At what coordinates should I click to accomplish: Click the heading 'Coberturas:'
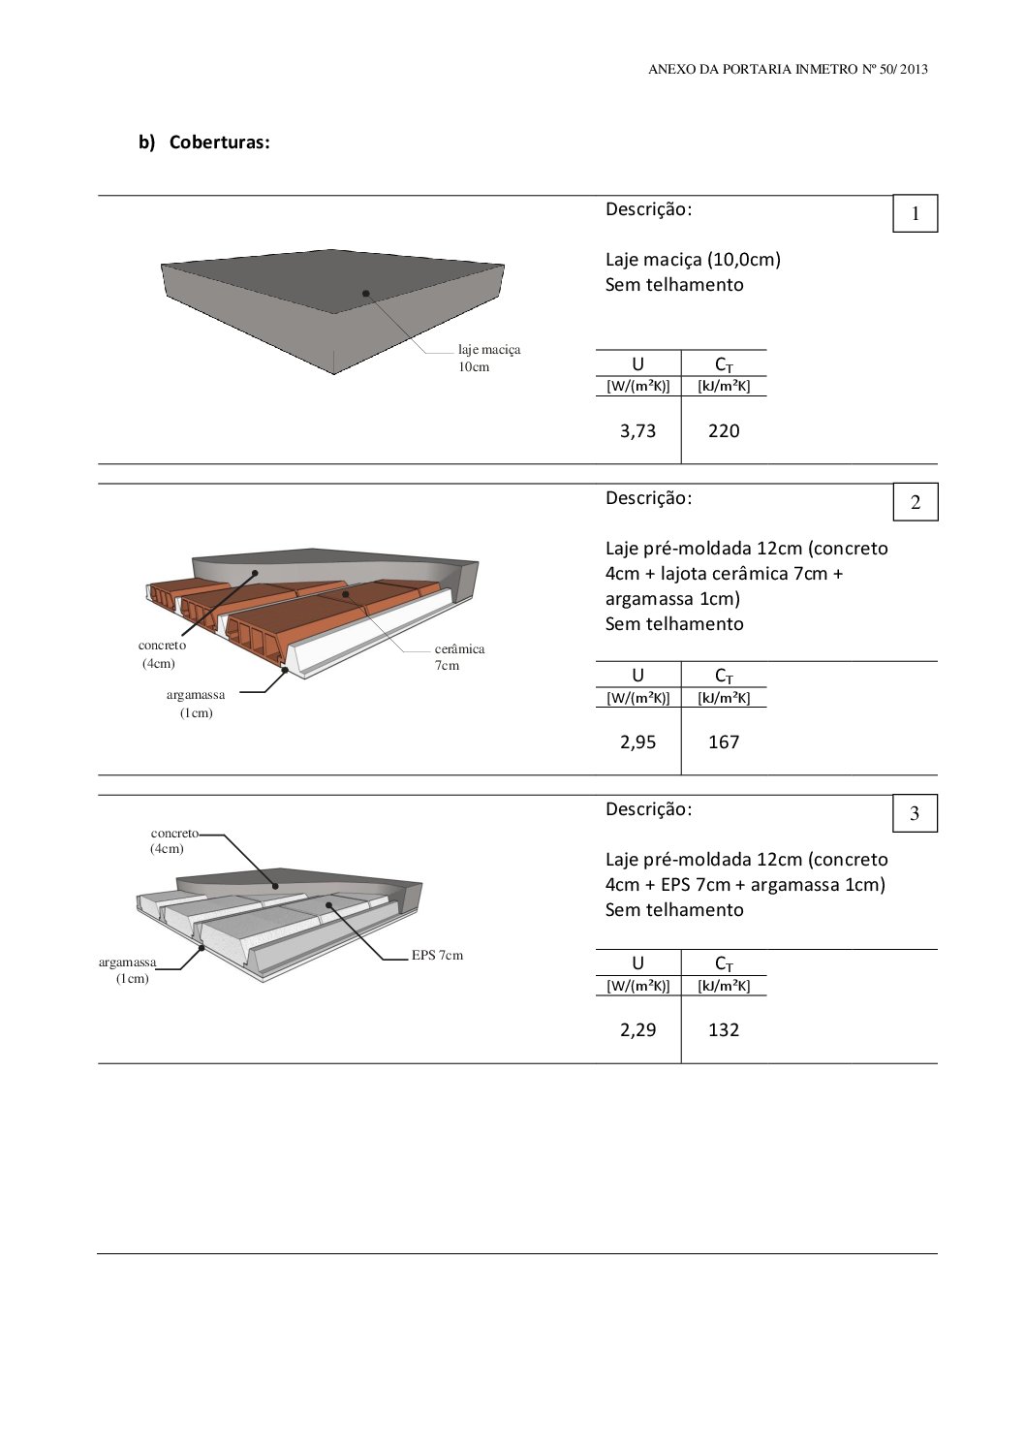coord(219,142)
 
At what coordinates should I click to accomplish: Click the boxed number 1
coord(915,214)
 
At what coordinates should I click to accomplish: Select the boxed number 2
coord(915,503)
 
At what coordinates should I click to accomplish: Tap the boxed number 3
coord(915,814)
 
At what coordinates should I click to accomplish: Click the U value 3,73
coord(637,431)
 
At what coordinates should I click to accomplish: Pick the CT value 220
coord(724,431)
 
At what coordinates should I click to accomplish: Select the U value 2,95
coord(637,742)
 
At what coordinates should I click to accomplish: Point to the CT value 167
coord(724,742)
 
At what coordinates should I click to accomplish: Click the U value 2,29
coord(637,1030)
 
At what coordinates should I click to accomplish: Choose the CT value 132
coord(724,1030)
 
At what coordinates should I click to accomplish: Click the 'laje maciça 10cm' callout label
coord(488,358)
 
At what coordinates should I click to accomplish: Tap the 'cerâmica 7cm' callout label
coord(459,657)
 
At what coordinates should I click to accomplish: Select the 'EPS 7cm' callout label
coord(437,956)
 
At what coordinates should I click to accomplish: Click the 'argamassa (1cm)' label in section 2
coord(196,704)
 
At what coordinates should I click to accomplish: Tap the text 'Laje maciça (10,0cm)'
coord(693,260)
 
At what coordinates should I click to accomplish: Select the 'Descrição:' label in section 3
coord(648,809)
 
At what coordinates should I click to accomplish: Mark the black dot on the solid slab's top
coord(366,293)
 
